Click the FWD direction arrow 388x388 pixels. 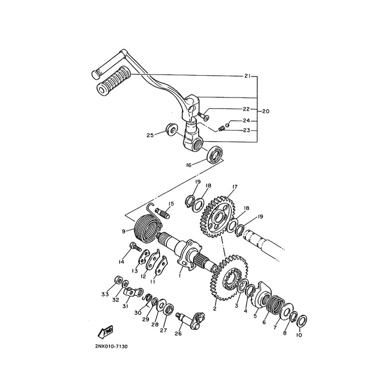click(105, 332)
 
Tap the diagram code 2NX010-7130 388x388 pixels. click(112, 346)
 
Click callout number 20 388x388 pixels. click(265, 112)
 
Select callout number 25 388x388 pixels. click(150, 135)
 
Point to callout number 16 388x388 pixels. click(189, 165)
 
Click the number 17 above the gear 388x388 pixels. click(235, 187)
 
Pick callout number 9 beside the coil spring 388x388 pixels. click(124, 231)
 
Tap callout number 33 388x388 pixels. click(105, 294)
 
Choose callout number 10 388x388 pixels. click(299, 335)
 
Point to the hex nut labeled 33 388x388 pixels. click(118, 280)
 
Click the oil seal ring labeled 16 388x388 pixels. click(215, 154)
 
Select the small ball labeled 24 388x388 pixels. click(227, 125)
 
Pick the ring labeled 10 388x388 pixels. click(302, 321)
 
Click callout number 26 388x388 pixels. click(178, 334)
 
